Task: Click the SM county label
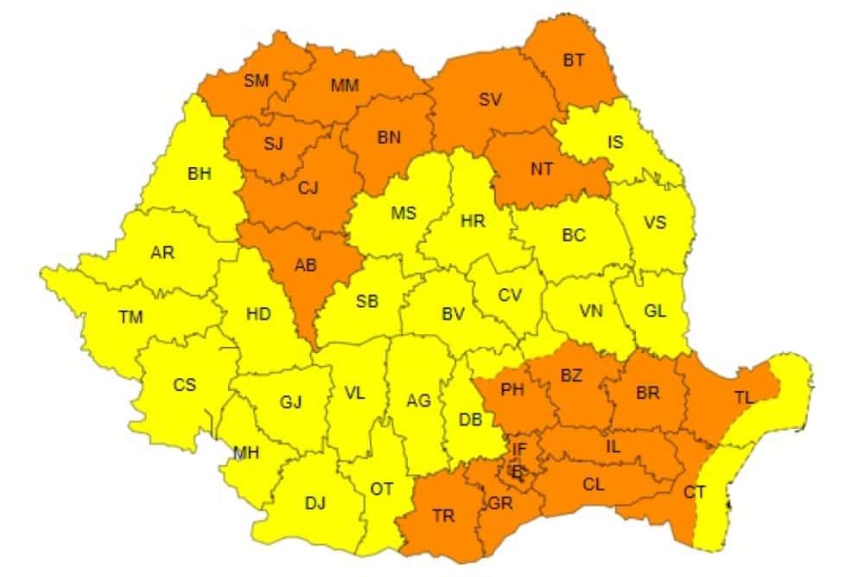click(x=256, y=81)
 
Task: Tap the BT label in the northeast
click(x=573, y=61)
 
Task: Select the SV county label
click(x=490, y=99)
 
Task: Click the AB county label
click(x=305, y=266)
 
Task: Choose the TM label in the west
click(x=130, y=317)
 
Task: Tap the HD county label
click(x=258, y=314)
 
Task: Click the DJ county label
click(x=315, y=503)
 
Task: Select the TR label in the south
click(x=443, y=516)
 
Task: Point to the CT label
click(x=694, y=492)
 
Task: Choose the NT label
click(x=541, y=169)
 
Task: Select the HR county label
click(x=473, y=221)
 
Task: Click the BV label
click(x=453, y=315)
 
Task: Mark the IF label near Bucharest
click(x=518, y=448)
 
